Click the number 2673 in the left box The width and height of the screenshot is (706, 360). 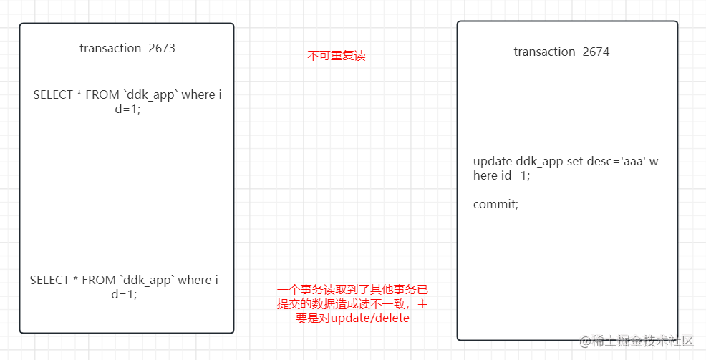point(162,49)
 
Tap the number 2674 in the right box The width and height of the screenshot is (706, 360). point(596,52)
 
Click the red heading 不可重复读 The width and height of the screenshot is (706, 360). point(336,56)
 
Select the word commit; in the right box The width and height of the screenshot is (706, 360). point(495,204)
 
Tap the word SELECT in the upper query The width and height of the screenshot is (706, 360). point(52,95)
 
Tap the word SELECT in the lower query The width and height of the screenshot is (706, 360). point(49,281)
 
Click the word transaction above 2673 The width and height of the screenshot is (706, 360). point(110,49)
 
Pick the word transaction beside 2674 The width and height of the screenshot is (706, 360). point(544,52)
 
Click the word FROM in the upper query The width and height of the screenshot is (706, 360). point(102,95)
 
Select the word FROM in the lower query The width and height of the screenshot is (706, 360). point(99,281)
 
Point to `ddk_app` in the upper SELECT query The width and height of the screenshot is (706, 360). point(150,95)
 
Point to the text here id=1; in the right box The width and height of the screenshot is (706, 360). point(502,175)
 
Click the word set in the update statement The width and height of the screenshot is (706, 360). point(575,162)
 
